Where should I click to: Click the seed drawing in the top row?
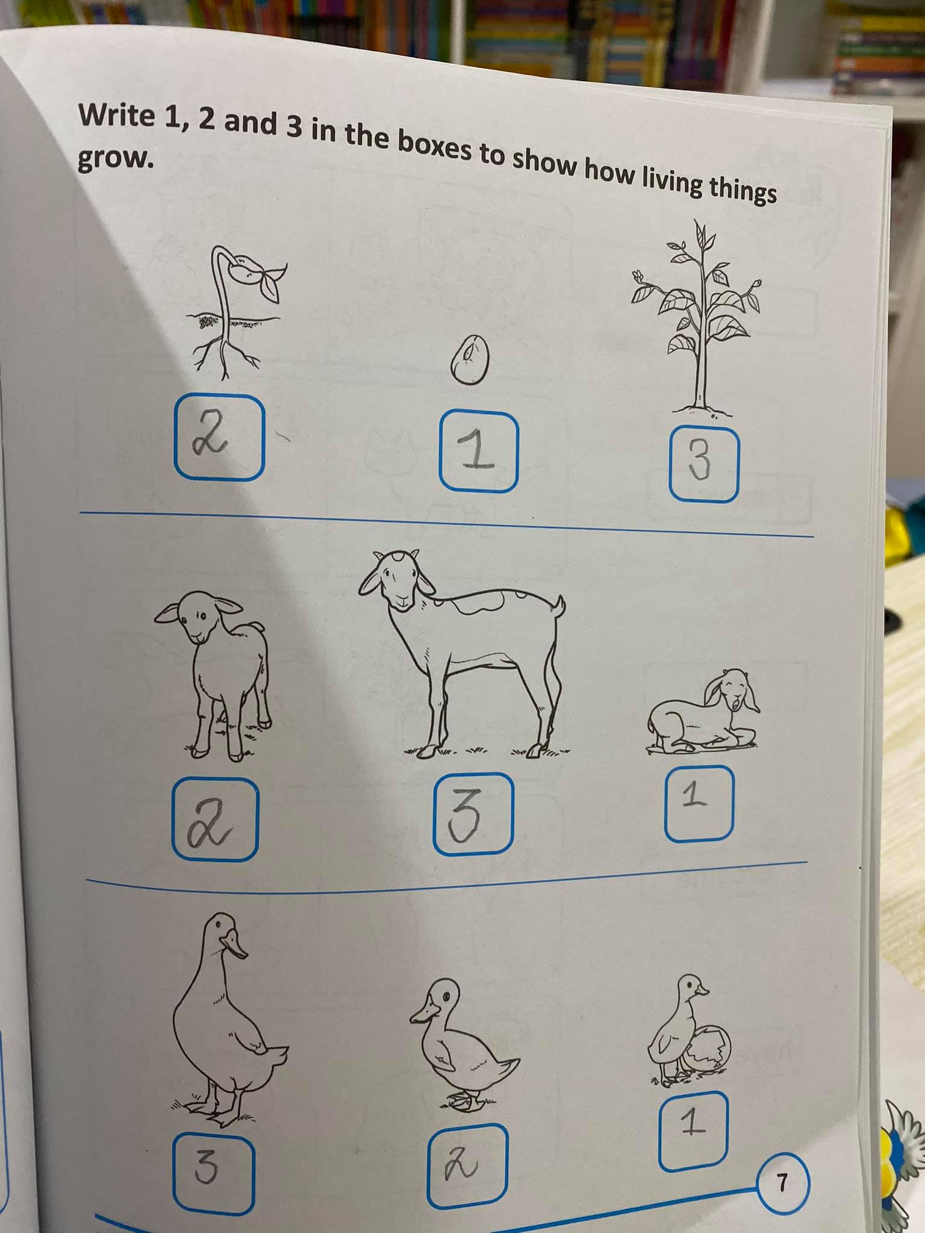(x=470, y=359)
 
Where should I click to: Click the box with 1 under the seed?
(x=478, y=452)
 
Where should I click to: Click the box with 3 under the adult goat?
(x=473, y=813)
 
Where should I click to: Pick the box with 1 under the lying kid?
(x=699, y=803)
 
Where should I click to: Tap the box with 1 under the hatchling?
(x=693, y=1122)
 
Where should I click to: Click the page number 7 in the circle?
(x=782, y=1167)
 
